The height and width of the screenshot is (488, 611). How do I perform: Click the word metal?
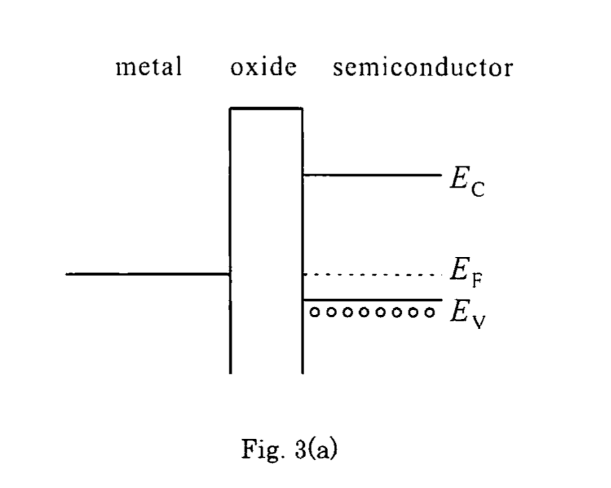(x=148, y=67)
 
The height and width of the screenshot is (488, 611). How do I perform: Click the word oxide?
(x=264, y=67)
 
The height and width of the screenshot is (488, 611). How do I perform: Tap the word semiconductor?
(x=422, y=67)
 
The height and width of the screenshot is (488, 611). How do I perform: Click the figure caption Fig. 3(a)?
(x=289, y=448)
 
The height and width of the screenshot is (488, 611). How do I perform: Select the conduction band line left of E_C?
(x=371, y=175)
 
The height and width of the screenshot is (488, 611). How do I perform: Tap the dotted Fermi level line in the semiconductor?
(x=371, y=274)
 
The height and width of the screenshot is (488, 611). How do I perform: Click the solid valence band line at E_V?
(x=371, y=300)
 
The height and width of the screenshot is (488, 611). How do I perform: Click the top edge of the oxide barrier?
(x=265, y=108)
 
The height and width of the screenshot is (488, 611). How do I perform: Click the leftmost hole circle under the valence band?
(x=315, y=312)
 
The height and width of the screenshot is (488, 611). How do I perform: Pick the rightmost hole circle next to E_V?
(x=429, y=312)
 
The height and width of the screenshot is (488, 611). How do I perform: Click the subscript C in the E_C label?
(x=477, y=191)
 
